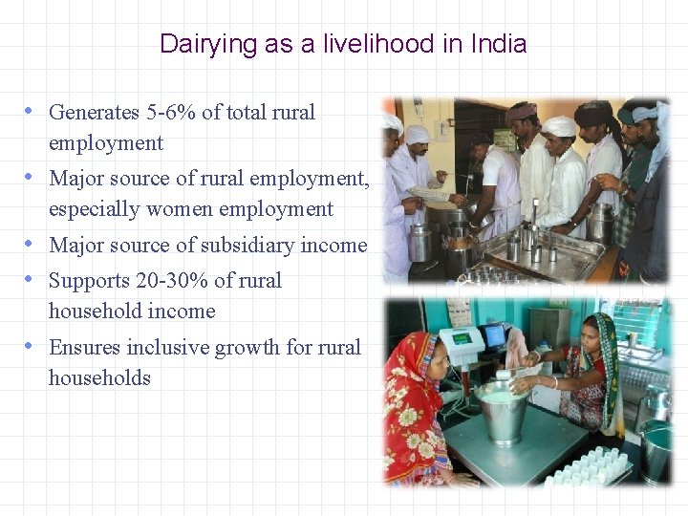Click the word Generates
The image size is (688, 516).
[94, 113]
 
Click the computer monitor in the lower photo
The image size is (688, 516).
[493, 335]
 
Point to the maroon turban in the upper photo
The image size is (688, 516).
[522, 112]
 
